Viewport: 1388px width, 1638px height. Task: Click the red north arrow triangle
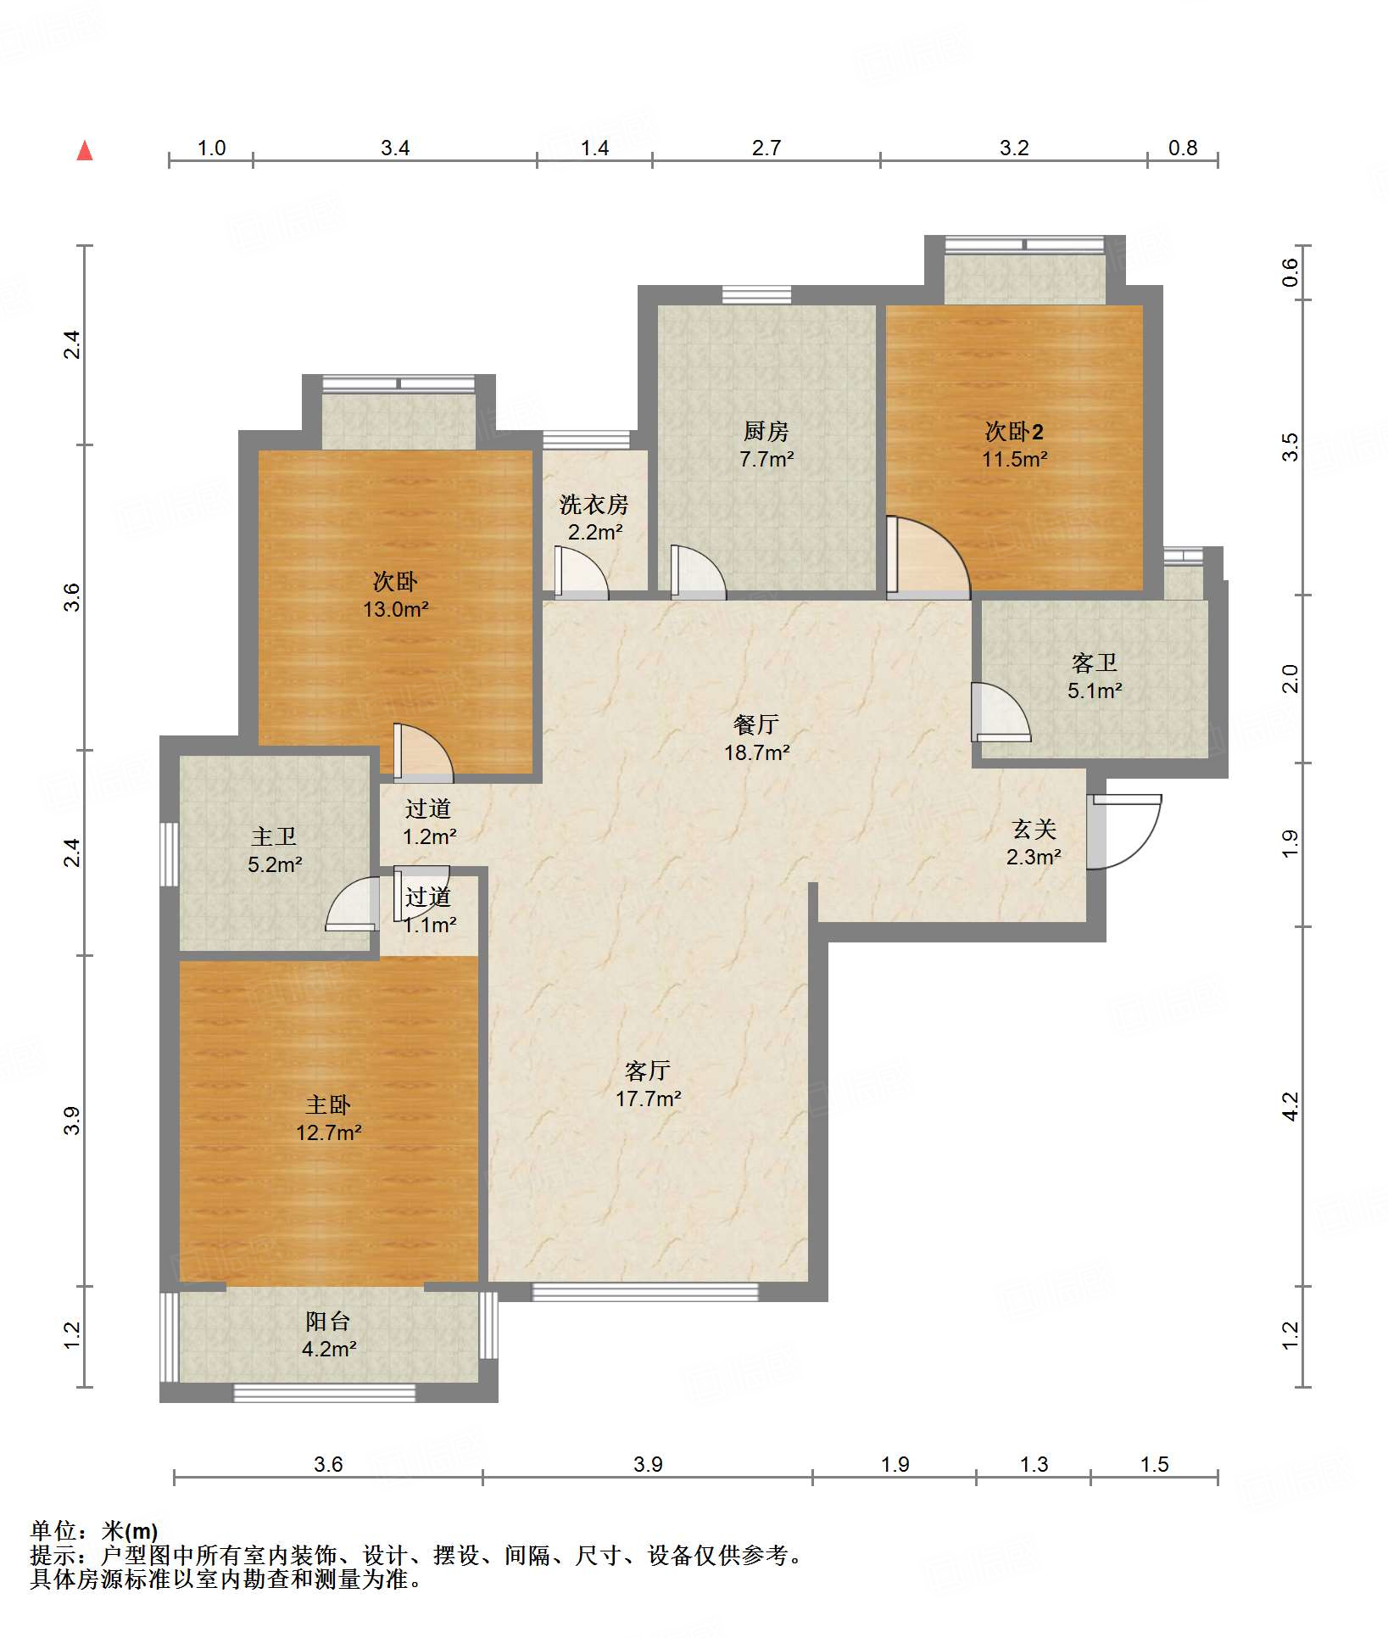coord(85,151)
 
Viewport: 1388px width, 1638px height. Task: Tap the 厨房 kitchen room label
coord(766,432)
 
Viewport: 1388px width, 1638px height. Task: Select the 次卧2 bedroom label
coord(1014,432)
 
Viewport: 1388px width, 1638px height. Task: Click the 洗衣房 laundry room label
coord(594,505)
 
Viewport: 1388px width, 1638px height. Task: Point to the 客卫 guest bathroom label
coord(1095,662)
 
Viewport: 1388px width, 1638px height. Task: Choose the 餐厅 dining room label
coord(756,724)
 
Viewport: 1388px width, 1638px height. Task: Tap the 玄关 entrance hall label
coord(1034,829)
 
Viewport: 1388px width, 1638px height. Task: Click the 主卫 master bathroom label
coord(274,836)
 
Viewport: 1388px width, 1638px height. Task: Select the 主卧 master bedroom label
coord(328,1104)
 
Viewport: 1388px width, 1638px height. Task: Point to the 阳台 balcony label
coord(328,1321)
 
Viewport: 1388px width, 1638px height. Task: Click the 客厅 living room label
coord(648,1071)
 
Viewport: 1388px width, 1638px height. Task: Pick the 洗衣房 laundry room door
coord(582,573)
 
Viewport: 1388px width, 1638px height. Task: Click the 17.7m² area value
coord(649,1099)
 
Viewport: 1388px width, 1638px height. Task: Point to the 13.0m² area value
coord(396,609)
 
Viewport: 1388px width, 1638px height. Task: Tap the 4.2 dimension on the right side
coord(1290,1106)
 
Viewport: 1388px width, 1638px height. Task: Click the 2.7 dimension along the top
coord(766,148)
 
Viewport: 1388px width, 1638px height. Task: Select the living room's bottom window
coord(645,1292)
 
